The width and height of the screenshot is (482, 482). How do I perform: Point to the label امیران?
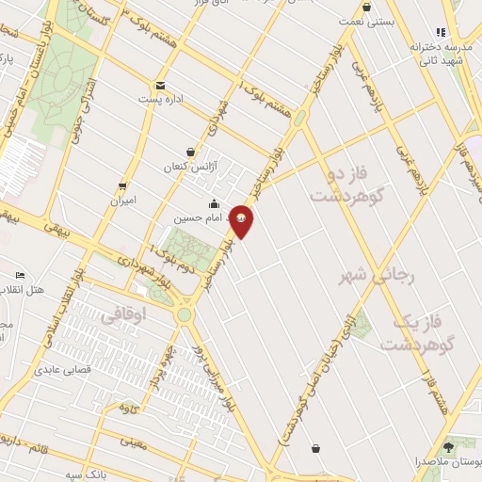(123, 200)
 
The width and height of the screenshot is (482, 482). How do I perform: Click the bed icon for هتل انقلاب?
(21, 275)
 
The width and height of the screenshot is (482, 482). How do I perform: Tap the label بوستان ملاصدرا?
(446, 461)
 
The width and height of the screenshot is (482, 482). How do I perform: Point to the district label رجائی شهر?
(374, 273)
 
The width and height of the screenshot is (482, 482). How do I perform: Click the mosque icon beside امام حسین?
(215, 203)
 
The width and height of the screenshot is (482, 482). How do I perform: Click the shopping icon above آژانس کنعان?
(191, 152)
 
